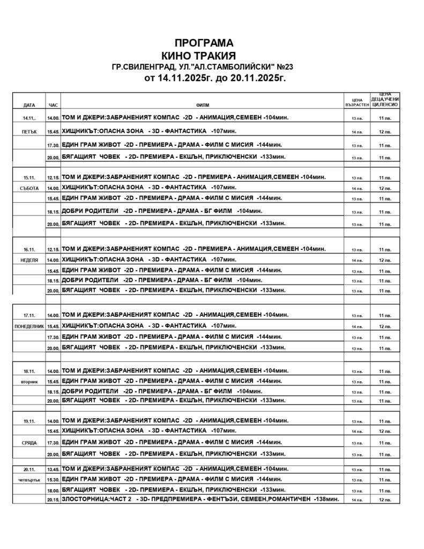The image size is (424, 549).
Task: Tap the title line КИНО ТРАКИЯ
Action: (x=199, y=55)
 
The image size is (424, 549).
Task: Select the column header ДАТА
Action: (x=29, y=105)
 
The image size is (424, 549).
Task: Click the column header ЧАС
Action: (x=53, y=105)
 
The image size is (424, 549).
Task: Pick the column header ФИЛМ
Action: (x=203, y=105)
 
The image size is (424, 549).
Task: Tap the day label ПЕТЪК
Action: (x=29, y=131)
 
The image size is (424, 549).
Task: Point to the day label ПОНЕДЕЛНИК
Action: (x=29, y=326)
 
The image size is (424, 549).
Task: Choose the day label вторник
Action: (x=29, y=382)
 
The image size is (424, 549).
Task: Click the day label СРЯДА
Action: (x=29, y=443)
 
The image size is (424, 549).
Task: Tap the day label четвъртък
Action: (x=29, y=479)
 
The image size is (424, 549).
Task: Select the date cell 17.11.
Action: (x=29, y=315)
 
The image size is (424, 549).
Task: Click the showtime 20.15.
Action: (x=53, y=500)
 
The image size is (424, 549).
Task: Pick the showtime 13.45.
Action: (x=53, y=469)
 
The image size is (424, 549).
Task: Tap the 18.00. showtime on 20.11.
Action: (x=53, y=490)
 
